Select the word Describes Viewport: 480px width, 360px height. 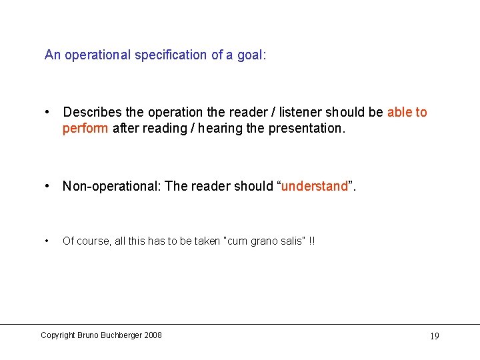click(x=93, y=113)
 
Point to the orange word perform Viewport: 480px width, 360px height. click(x=85, y=128)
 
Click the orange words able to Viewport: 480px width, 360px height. click(x=407, y=113)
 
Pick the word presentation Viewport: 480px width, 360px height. click(x=307, y=128)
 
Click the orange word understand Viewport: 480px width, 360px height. click(x=315, y=187)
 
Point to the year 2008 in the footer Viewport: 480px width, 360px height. click(x=152, y=335)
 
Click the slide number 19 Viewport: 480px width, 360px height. click(x=434, y=336)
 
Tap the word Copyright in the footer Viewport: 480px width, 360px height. click(x=58, y=335)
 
